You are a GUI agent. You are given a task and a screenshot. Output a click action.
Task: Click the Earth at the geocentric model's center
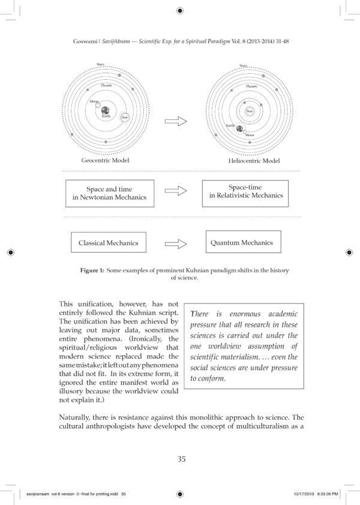coord(105,110)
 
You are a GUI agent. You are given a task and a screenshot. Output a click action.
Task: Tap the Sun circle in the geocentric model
coord(125,118)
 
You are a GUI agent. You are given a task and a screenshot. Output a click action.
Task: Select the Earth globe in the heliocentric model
coord(239,128)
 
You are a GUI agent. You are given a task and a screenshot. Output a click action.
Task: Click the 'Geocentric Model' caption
coord(105,161)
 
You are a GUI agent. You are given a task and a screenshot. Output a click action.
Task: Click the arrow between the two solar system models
coord(176,121)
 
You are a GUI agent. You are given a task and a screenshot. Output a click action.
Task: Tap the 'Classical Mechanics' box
coord(108,243)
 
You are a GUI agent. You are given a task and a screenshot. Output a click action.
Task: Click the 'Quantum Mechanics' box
coord(242,242)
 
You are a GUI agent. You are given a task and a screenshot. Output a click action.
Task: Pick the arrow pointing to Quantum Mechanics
coord(176,244)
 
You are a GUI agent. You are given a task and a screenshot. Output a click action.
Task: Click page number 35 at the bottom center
coord(181,459)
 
